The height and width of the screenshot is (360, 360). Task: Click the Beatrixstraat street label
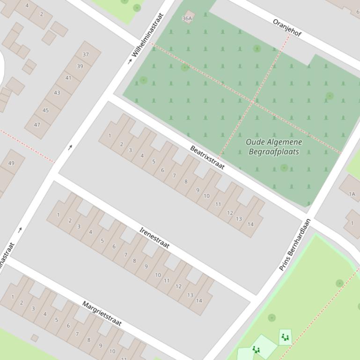click(207, 158)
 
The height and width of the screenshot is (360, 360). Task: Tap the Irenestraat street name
click(154, 238)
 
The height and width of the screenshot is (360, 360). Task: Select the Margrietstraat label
click(102, 313)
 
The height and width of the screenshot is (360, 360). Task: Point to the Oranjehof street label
click(287, 28)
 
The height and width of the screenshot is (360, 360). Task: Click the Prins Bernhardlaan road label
click(295, 245)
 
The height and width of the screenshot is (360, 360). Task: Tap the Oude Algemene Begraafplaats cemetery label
click(274, 146)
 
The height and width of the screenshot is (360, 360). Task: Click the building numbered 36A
click(187, 18)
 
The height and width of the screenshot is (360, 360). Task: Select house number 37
click(86, 54)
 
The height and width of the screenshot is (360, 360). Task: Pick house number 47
click(37, 125)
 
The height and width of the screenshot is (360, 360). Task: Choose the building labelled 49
click(11, 163)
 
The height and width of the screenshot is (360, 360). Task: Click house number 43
click(57, 93)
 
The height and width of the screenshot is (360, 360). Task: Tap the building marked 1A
click(352, 194)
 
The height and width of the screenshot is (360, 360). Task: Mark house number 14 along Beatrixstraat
click(250, 224)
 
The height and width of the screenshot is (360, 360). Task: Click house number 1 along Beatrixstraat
click(110, 136)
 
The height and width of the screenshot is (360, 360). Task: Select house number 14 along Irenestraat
click(199, 300)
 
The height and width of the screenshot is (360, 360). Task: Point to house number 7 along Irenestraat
click(125, 255)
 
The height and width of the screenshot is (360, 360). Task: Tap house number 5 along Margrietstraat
click(57, 320)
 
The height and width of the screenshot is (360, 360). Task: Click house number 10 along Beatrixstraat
click(206, 195)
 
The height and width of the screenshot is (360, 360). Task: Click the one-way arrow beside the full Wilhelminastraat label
click(130, 61)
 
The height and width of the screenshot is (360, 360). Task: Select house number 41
click(68, 78)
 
